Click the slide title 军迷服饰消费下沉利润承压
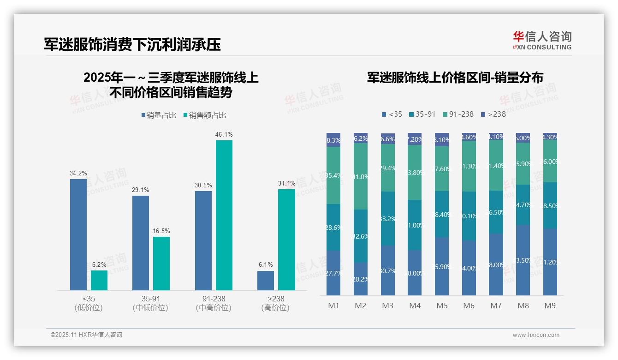[132, 44]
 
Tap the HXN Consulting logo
[542, 41]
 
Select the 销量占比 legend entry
[159, 115]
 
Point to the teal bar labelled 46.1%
[224, 215]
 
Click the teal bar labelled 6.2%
[99, 280]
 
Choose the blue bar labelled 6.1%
[266, 280]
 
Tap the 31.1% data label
[286, 183]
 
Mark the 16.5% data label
[161, 231]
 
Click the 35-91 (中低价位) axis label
[150, 303]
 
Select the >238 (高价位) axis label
[275, 303]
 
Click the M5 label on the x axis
[442, 306]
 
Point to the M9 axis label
[550, 306]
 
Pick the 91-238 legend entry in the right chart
[458, 114]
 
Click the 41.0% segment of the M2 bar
[361, 176]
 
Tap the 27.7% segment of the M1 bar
[333, 273]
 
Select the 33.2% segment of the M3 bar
[388, 218]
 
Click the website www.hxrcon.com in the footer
[536, 335]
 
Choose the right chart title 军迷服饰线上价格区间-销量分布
[455, 78]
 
